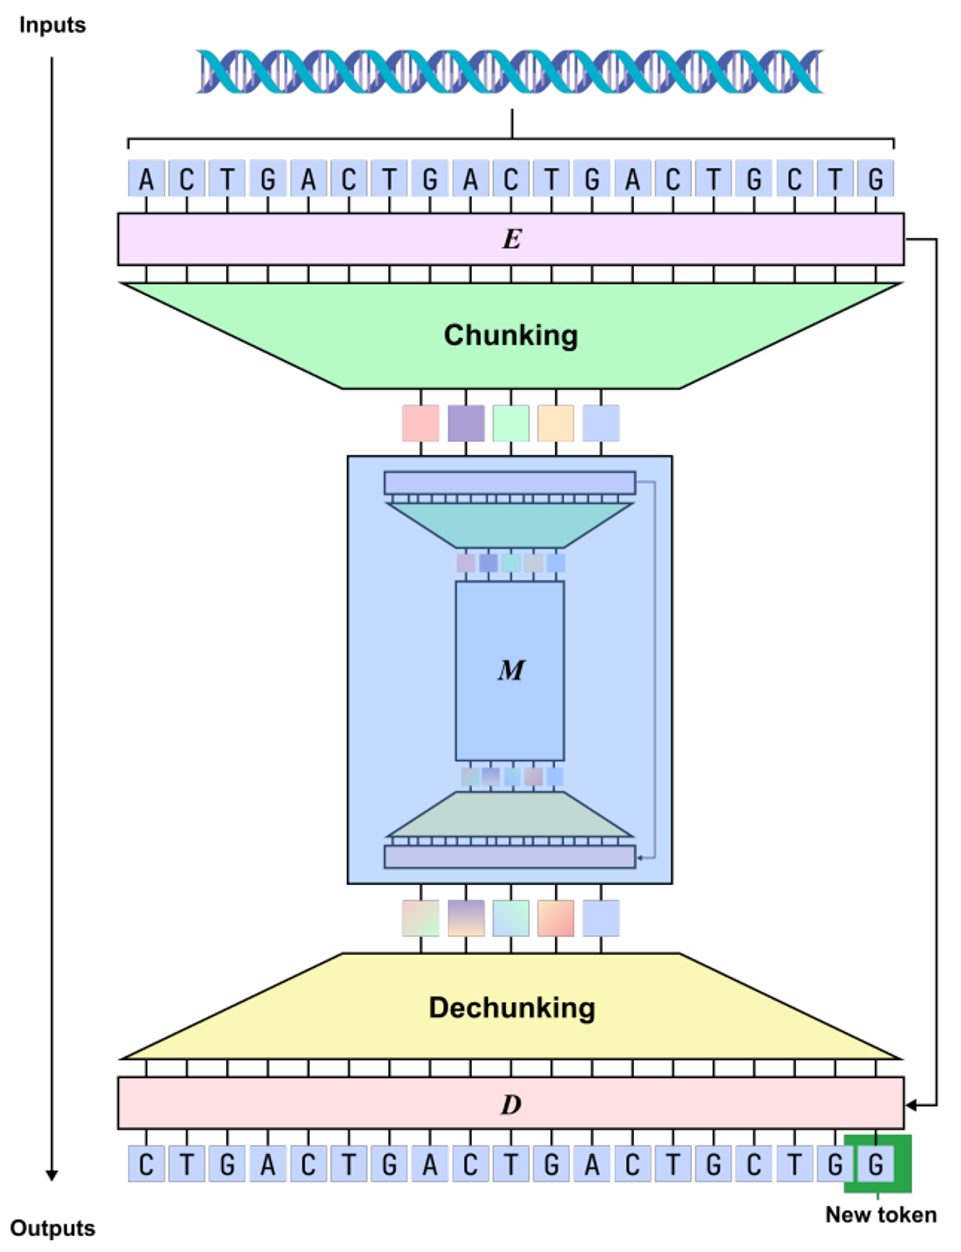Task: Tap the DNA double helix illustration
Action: (x=509, y=72)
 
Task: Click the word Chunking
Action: (x=511, y=335)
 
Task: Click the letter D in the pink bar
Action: (x=511, y=1104)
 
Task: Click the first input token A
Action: (x=146, y=179)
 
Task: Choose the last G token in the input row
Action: (x=875, y=179)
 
